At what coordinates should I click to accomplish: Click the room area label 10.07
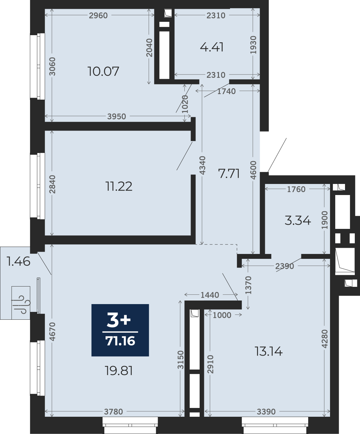click(103, 71)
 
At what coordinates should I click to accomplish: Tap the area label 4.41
click(212, 47)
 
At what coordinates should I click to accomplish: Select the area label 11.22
click(119, 186)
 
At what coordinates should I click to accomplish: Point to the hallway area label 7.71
click(229, 174)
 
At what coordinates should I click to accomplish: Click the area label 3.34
click(297, 220)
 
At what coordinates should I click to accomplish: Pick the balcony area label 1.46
click(19, 261)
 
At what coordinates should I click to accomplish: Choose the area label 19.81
click(119, 371)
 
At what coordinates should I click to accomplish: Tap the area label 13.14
click(268, 352)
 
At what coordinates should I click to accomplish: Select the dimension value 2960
click(98, 16)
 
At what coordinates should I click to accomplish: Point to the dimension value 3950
click(116, 117)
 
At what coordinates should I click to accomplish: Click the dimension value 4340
click(202, 165)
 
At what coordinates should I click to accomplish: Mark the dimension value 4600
click(253, 170)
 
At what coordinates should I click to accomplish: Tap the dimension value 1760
click(296, 189)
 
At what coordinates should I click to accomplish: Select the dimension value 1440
click(210, 295)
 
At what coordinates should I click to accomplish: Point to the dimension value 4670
click(53, 331)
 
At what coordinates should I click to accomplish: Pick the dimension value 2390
click(284, 266)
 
